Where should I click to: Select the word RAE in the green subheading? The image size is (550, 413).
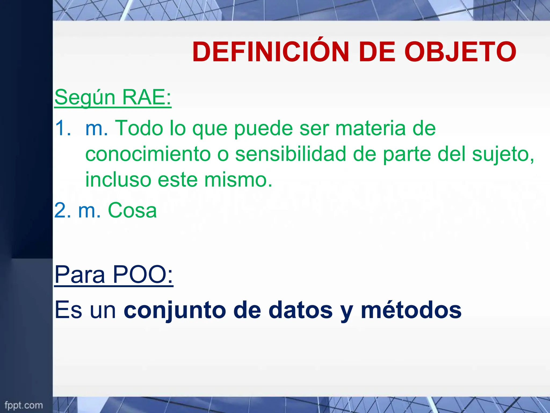click(146, 97)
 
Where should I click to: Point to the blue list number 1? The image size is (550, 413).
click(63, 128)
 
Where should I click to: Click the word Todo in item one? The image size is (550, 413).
click(139, 128)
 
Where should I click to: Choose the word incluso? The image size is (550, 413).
click(118, 180)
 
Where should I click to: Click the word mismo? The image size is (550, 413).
click(238, 180)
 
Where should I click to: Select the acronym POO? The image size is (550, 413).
click(143, 275)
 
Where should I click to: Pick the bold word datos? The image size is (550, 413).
click(301, 310)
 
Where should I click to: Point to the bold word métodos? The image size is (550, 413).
click(411, 310)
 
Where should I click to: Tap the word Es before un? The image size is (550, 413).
click(68, 310)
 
